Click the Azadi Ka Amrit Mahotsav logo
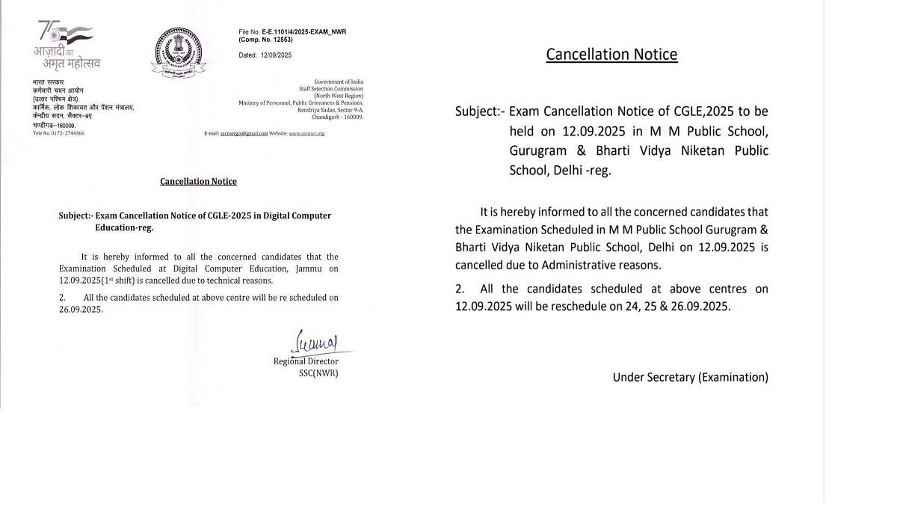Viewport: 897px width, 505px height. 67,45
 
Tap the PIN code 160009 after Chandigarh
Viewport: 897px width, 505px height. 351,117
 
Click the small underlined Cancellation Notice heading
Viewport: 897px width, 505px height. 198,181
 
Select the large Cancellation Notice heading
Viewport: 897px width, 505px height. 611,54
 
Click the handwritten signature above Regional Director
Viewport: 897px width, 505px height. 316,343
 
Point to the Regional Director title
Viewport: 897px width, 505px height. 306,362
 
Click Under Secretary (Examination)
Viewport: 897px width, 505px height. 690,377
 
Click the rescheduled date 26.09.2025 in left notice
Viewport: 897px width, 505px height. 81,309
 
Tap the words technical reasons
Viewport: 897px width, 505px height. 243,281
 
